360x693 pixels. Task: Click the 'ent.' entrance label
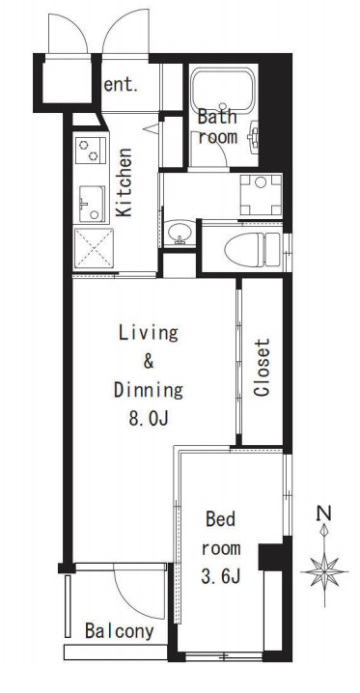tap(121, 85)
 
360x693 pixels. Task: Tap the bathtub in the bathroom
tap(223, 90)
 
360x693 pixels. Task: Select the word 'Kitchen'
tap(125, 182)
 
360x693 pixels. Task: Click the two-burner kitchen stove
tap(91, 151)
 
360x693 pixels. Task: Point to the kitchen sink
tap(92, 204)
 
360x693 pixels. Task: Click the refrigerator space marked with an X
tap(94, 248)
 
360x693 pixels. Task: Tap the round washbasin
tap(180, 233)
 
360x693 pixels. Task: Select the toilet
tap(252, 249)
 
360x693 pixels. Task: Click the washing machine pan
tap(261, 195)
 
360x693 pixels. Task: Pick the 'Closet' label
tap(262, 368)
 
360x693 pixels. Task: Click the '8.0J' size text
tap(149, 419)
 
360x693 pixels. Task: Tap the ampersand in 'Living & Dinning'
tap(149, 362)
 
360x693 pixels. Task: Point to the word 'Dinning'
tap(149, 390)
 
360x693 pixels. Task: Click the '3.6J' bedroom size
tap(221, 577)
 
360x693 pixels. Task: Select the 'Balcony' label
tap(120, 631)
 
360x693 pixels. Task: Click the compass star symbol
tap(324, 572)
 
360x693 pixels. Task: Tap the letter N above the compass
tap(324, 513)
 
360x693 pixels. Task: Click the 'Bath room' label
tap(217, 127)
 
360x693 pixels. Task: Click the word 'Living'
tap(149, 334)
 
